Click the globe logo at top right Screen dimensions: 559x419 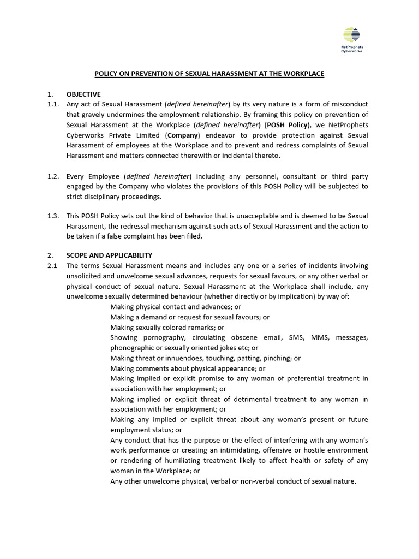click(352, 35)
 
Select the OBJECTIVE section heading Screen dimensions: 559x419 click(83, 94)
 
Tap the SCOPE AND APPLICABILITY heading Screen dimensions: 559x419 click(110, 255)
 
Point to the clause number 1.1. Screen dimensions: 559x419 click(53, 104)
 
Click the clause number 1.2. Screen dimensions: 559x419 click(53, 176)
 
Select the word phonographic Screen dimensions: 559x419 click(133, 348)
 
